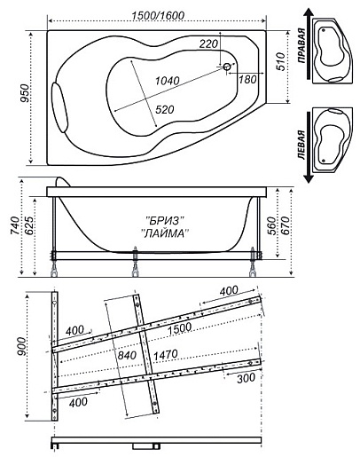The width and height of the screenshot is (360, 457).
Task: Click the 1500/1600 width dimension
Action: click(x=158, y=15)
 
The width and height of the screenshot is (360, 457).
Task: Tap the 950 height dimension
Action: click(x=26, y=93)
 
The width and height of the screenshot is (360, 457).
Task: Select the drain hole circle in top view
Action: click(x=227, y=67)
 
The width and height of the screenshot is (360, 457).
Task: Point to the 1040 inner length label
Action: click(x=168, y=81)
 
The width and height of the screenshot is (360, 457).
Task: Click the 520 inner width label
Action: click(x=164, y=110)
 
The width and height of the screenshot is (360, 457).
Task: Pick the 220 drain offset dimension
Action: click(x=208, y=44)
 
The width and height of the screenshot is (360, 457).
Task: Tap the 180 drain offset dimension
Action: click(x=247, y=79)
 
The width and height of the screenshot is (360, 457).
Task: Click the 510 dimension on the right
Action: click(x=280, y=61)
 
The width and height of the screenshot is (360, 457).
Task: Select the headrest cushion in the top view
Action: click(x=60, y=107)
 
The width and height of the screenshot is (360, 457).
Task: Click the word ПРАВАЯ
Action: click(x=301, y=45)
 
